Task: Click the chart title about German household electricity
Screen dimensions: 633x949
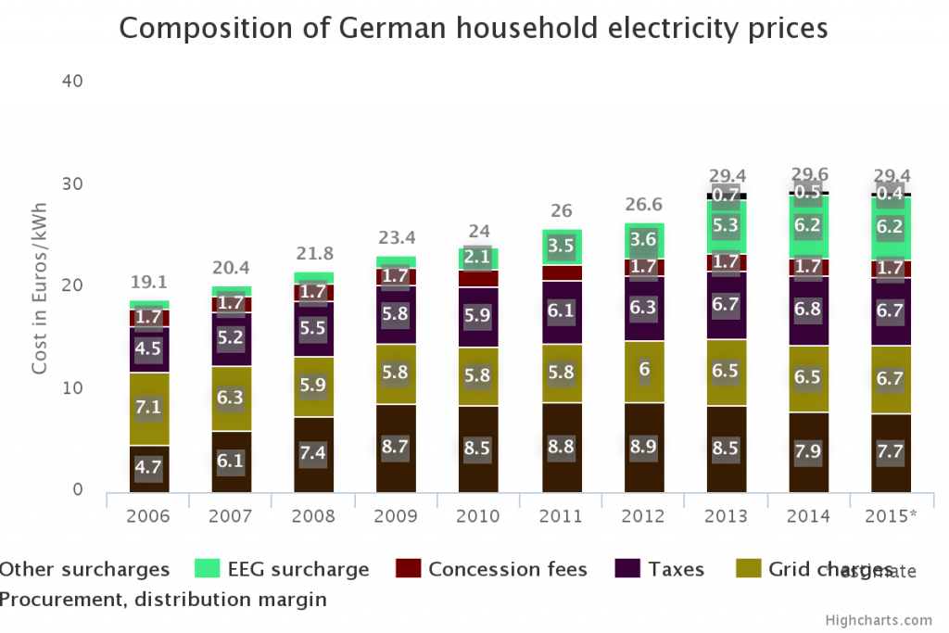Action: (x=474, y=29)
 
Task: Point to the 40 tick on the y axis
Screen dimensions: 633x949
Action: (x=73, y=82)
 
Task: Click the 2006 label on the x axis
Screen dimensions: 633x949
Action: (x=148, y=515)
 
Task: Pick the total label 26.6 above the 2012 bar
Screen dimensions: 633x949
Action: (x=644, y=204)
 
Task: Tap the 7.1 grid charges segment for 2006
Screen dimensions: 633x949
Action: (x=148, y=409)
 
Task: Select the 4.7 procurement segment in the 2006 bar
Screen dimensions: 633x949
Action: (x=148, y=468)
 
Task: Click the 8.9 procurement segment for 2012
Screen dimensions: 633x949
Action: (x=644, y=448)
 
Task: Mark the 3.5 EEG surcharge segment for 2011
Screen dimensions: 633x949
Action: (x=562, y=247)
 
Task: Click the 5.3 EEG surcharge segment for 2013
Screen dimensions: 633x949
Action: (x=727, y=225)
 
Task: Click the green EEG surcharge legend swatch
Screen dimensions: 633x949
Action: (x=207, y=569)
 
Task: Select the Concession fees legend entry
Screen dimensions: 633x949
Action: (x=507, y=569)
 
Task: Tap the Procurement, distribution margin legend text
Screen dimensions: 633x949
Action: (x=163, y=600)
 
